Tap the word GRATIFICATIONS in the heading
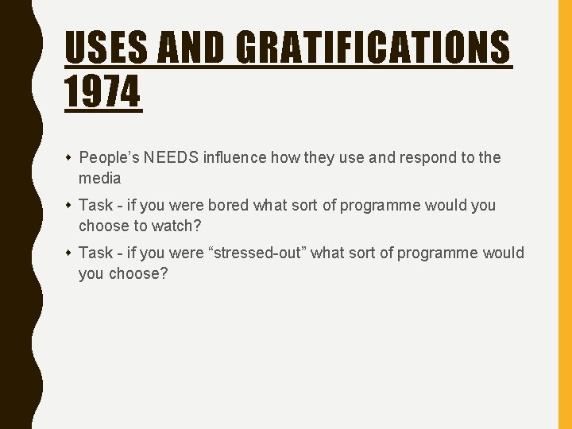(373, 48)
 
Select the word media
(99, 178)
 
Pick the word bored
(228, 205)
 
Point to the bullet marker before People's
(68, 157)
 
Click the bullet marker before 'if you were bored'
(68, 205)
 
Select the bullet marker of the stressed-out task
(68, 253)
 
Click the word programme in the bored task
(378, 205)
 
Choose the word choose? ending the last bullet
(138, 273)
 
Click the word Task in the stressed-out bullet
(95, 253)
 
